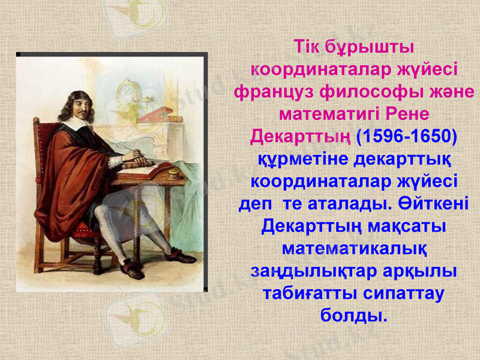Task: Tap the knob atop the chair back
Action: [x=37, y=122]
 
